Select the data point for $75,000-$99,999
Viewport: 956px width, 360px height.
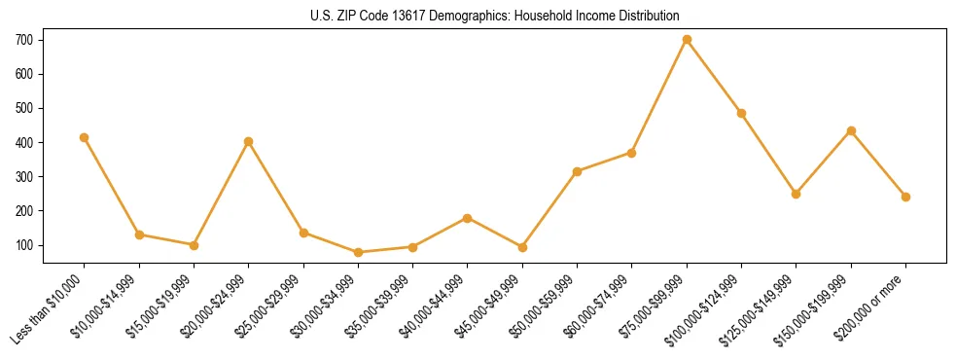687,40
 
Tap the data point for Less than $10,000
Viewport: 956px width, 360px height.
85,138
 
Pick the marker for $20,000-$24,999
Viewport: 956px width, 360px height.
249,141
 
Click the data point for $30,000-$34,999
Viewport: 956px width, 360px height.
358,253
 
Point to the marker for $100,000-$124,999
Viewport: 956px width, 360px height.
742,113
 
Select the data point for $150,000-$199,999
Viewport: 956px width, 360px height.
851,130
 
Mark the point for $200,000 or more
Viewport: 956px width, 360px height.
905,197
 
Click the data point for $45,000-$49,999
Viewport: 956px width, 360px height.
522,247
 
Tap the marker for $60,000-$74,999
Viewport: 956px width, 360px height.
632,153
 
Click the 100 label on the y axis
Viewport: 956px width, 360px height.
33,245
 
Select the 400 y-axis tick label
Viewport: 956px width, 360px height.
33,142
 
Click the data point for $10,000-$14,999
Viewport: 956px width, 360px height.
139,234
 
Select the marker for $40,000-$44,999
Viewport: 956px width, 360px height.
468,218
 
